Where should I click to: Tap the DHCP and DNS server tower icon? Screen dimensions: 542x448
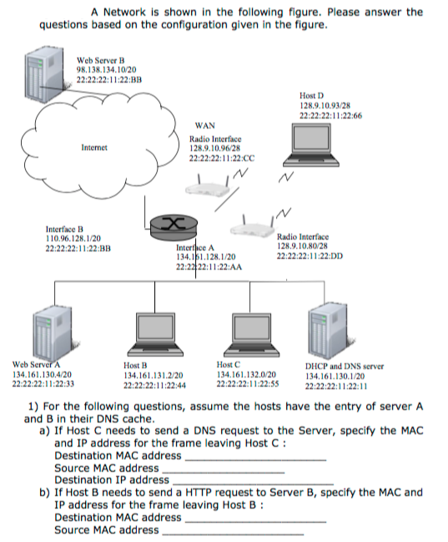pyautogui.click(x=329, y=332)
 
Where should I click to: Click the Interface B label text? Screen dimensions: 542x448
pyautogui.click(x=65, y=229)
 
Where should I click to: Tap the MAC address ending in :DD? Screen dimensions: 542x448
pyautogui.click(x=306, y=256)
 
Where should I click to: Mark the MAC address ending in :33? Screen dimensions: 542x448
pyautogui.click(x=43, y=384)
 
